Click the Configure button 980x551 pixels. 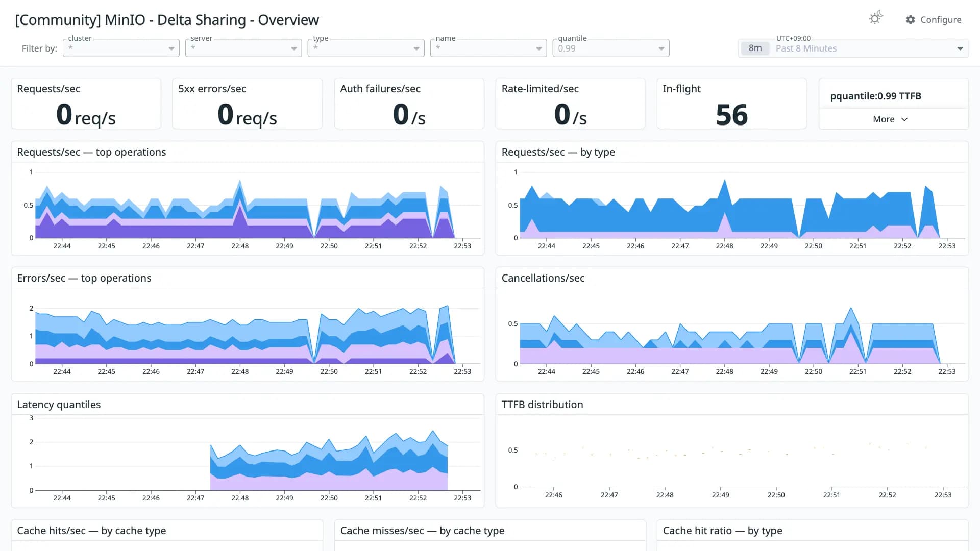tap(934, 19)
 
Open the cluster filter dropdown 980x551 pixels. tap(121, 48)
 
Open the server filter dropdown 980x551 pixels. tap(243, 48)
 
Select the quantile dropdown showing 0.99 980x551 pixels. tap(611, 48)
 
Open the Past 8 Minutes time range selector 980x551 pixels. tap(853, 48)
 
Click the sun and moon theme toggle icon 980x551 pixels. tap(876, 18)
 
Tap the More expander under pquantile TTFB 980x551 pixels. tap(890, 119)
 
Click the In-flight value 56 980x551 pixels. tap(731, 115)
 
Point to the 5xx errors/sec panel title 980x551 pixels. tap(212, 89)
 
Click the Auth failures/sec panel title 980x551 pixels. tap(380, 89)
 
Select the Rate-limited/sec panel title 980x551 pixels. tap(540, 89)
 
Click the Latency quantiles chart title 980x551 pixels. tap(59, 405)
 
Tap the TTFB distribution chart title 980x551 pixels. tap(542, 405)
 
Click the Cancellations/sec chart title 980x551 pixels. tap(543, 278)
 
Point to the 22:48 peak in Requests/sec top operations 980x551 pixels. tap(240, 180)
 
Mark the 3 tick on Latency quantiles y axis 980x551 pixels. tap(31, 418)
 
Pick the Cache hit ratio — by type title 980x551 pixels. tap(722, 531)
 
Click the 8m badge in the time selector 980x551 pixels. tap(755, 48)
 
